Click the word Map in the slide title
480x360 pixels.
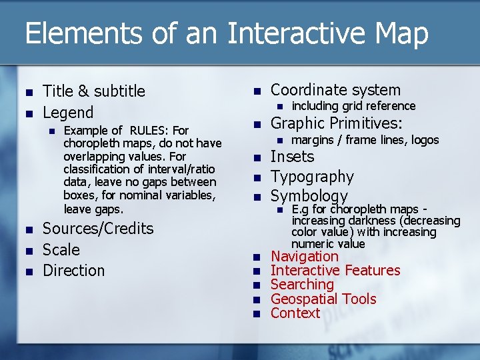[399, 34]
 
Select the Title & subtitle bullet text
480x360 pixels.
[93, 91]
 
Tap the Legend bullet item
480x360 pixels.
[68, 113]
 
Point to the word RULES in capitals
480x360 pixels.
[151, 131]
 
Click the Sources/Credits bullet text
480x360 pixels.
[98, 229]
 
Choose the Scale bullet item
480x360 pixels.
[61, 250]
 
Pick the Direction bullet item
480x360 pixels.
[73, 271]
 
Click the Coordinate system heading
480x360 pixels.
[335, 90]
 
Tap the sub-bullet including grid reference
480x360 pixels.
[353, 106]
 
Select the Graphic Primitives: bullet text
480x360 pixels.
[336, 123]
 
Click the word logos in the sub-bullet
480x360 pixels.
[425, 140]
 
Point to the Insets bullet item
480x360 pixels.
[292, 157]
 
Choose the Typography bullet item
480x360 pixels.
[312, 177]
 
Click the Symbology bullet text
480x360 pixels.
[309, 197]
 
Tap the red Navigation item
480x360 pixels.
[304, 257]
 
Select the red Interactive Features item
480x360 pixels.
[335, 271]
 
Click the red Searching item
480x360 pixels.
[302, 285]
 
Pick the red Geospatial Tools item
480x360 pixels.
[323, 299]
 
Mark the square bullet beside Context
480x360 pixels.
[257, 314]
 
